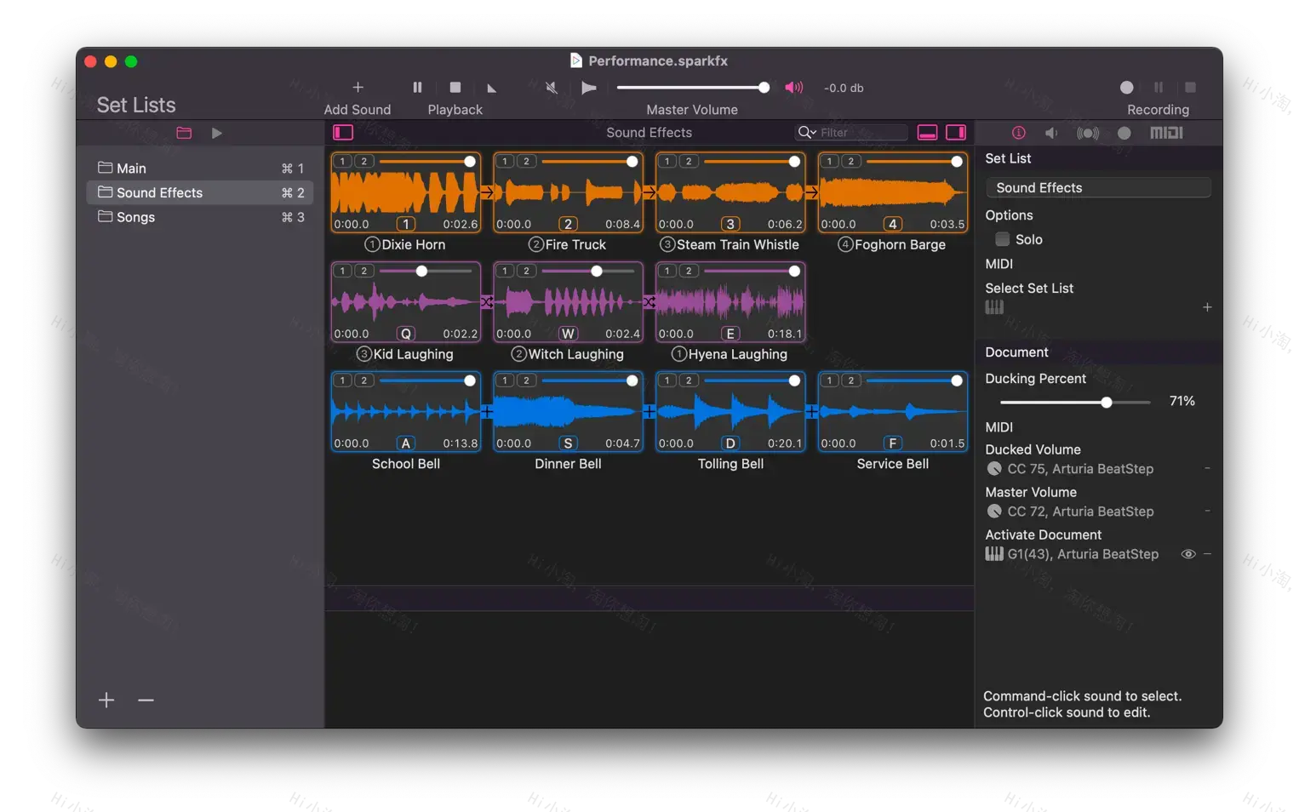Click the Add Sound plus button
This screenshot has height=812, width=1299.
358,88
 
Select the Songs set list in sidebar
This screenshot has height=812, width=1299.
135,217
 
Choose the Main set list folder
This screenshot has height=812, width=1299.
131,169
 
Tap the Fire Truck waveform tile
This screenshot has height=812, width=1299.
568,193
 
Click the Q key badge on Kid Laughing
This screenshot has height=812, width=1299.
406,334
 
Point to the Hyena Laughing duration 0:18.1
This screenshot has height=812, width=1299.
784,334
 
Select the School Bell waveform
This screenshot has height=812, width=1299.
405,413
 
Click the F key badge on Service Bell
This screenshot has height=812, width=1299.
892,443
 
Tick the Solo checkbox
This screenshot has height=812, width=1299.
1003,240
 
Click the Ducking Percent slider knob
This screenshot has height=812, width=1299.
1107,402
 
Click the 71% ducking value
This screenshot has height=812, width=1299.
1182,401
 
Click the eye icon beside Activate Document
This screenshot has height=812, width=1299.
1188,554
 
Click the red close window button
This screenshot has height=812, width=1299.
90,61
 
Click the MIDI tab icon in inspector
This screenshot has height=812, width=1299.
1166,133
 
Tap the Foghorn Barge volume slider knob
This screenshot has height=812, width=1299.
957,162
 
